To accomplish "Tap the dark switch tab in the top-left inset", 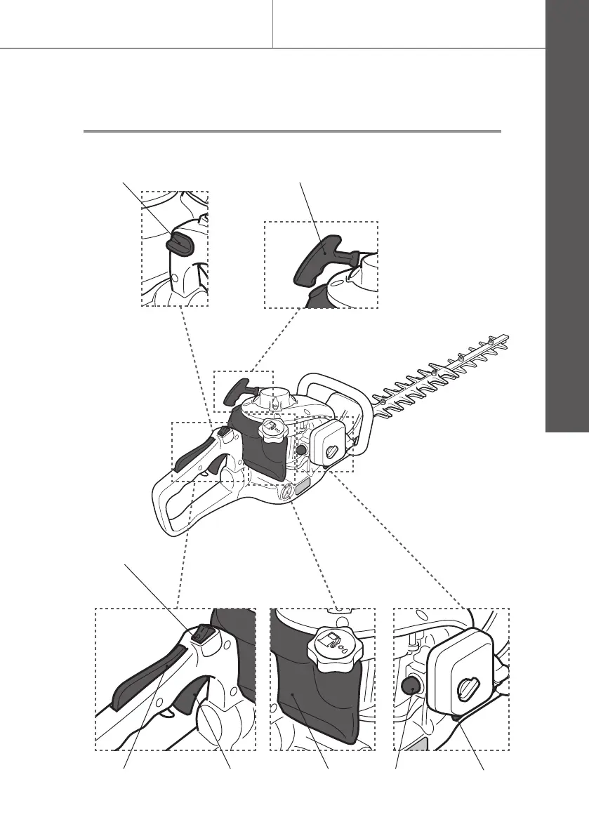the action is [x=178, y=242].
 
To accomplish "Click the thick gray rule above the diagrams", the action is [x=292, y=131].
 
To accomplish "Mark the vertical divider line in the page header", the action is [x=272, y=24].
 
